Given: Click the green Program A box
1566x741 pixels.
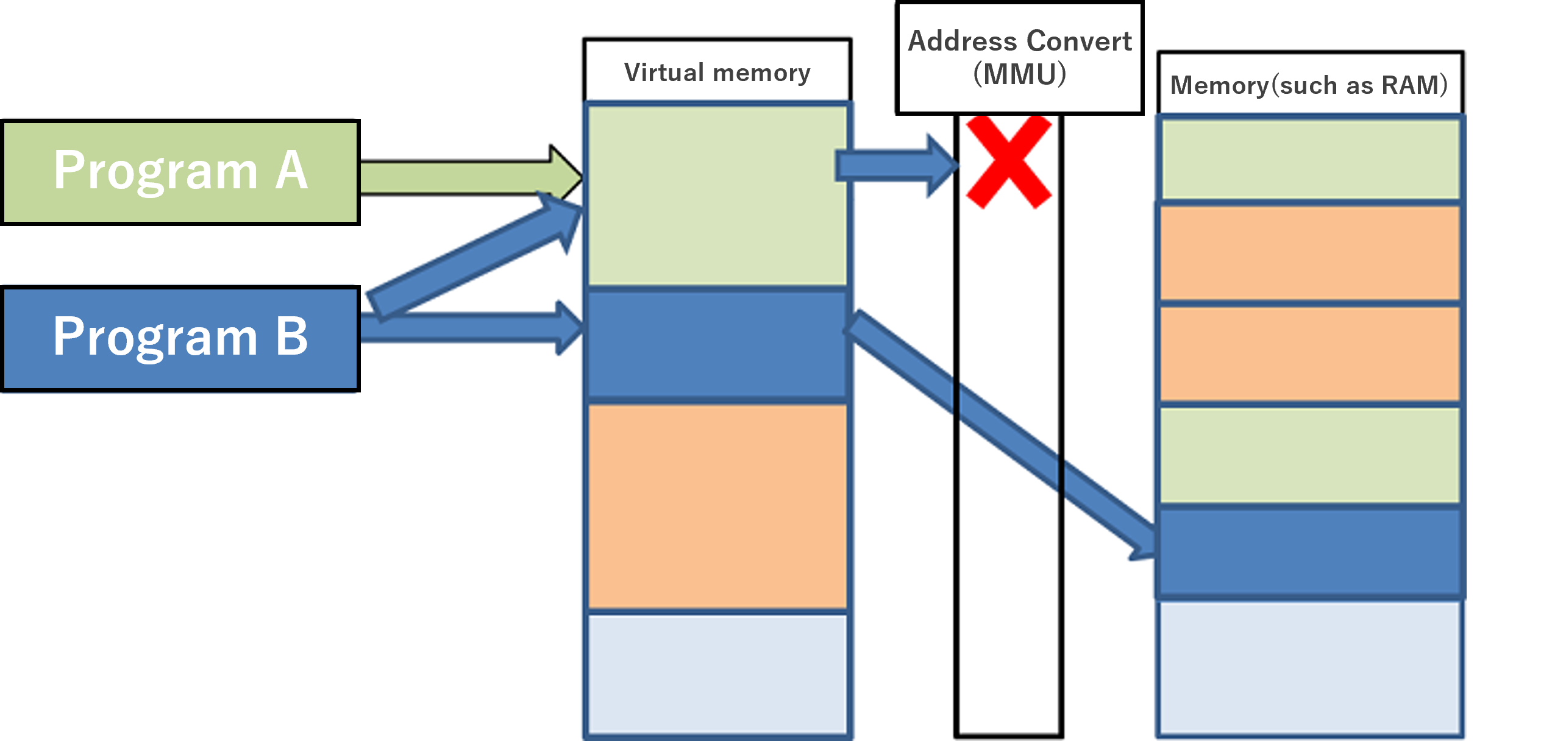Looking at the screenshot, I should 180,172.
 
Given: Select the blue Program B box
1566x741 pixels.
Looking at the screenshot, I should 180,338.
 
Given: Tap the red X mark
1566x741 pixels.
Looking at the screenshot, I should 1009,162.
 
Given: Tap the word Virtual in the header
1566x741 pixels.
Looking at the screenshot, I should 664,73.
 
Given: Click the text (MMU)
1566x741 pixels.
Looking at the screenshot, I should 1019,74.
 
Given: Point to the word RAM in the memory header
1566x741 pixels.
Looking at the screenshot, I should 1408,85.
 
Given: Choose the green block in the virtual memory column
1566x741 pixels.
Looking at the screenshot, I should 717,195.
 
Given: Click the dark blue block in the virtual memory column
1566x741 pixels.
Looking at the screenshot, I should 717,344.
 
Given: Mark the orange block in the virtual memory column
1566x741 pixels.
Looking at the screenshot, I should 717,506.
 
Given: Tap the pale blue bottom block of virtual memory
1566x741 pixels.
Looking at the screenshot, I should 717,673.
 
